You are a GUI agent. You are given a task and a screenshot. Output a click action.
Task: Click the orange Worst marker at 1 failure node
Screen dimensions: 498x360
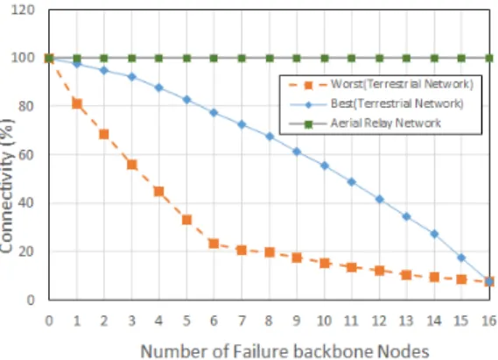77,104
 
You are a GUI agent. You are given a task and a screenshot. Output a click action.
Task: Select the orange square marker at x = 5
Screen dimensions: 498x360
186,220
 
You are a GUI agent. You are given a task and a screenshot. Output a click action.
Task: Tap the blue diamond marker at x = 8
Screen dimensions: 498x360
270,137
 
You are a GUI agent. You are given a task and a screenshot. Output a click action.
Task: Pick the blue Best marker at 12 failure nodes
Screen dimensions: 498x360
379,199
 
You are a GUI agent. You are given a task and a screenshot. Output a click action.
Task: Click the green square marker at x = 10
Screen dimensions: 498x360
325,58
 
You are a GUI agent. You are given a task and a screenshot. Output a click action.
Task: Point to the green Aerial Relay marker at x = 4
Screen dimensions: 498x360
158,58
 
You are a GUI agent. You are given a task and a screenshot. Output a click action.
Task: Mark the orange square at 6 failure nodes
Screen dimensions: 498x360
214,244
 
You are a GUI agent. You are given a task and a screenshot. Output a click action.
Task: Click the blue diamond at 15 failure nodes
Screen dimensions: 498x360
461,258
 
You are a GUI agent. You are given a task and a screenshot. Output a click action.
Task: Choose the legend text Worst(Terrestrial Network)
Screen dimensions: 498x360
402,84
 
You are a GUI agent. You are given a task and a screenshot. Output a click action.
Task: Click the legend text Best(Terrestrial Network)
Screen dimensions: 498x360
397,103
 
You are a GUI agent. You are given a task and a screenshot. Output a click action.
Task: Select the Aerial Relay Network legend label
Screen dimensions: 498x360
386,123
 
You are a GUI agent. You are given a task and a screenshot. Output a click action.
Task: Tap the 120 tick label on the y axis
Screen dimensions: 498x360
23,10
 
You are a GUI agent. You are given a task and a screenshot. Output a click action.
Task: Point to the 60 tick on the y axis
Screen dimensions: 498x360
26,155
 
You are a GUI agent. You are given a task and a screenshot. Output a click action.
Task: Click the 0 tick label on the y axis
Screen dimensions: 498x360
31,300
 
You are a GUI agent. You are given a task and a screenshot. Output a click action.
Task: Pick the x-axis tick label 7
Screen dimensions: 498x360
242,321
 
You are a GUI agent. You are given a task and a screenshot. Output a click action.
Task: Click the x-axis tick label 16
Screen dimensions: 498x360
489,321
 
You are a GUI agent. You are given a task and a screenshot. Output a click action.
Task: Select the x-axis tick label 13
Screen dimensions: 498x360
406,321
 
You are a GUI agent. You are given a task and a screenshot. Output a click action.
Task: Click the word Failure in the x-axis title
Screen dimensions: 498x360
260,351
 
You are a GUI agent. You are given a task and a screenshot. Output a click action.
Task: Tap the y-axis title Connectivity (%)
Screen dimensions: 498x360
7,187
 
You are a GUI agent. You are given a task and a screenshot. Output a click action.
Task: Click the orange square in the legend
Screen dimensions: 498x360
308,85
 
